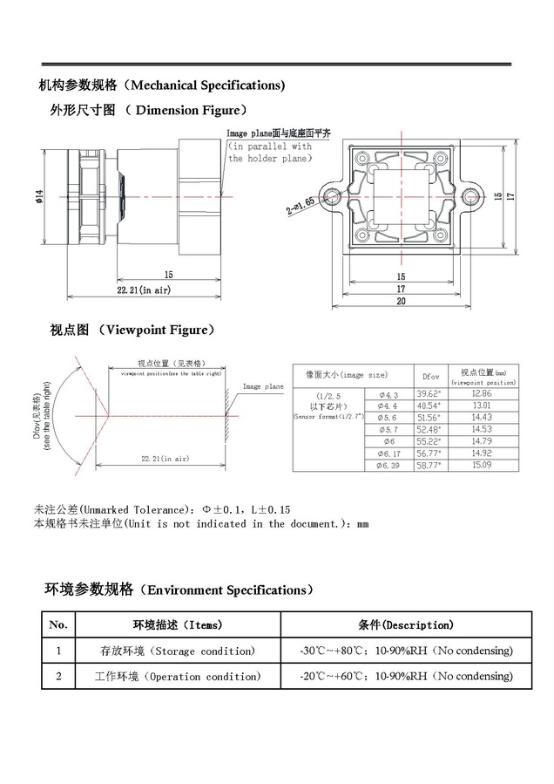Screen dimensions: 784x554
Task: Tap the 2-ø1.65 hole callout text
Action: coord(301,204)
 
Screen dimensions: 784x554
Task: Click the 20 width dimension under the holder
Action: coord(402,301)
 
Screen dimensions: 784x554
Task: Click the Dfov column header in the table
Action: coord(430,375)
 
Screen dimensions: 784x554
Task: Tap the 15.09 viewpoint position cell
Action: coord(483,464)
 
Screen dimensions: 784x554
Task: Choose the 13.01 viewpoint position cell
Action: coord(483,406)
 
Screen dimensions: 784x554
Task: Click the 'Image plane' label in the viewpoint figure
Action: coord(262,385)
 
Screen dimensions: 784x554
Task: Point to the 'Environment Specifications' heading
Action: coord(230,590)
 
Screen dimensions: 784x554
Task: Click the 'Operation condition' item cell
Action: coord(178,676)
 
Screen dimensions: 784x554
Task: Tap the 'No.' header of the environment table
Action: coord(58,625)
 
